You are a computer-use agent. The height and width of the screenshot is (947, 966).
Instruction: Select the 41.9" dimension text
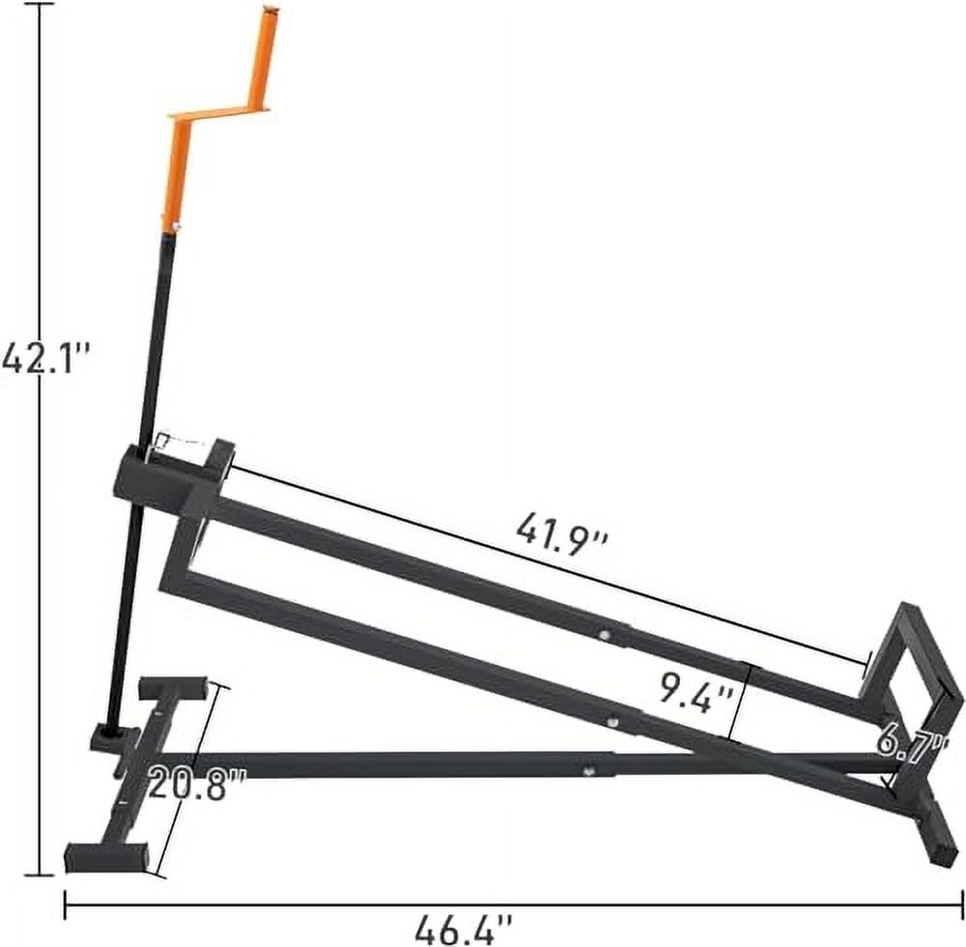click(561, 530)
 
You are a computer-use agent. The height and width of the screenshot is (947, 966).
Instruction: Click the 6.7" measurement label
click(910, 742)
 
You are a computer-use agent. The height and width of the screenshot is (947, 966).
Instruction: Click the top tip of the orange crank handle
click(270, 12)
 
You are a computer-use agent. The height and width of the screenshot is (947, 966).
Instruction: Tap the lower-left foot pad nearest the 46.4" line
click(106, 855)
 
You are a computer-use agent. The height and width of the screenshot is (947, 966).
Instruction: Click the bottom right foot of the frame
click(939, 850)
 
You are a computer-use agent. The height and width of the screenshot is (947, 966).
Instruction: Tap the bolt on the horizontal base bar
click(586, 770)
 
